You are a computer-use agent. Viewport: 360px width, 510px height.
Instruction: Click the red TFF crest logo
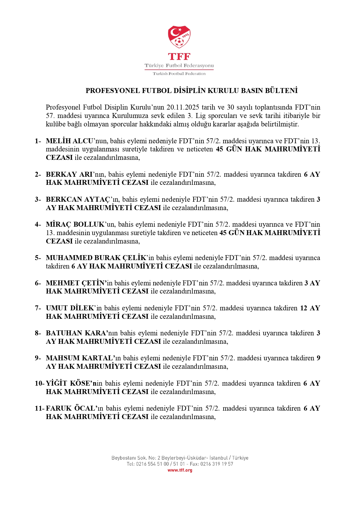point(179,37)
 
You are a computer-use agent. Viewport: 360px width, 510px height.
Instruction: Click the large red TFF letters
point(179,56)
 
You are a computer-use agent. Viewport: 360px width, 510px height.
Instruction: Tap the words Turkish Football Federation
point(179,74)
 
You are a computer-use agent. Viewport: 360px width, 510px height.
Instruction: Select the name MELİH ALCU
point(69,141)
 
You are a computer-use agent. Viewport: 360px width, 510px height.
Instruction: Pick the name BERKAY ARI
point(69,174)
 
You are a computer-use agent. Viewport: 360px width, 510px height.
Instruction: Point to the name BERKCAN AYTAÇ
point(78,199)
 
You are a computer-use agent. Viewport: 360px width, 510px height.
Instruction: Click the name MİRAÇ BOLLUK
point(75,224)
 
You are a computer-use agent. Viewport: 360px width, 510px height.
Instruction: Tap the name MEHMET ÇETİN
point(75,283)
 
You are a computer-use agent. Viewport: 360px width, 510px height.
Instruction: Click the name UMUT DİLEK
point(70,308)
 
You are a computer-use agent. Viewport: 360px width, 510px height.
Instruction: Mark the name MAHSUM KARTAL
point(79,358)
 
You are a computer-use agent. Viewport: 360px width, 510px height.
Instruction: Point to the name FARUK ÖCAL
point(70,408)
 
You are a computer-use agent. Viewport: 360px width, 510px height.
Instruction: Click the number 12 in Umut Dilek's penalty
point(304,308)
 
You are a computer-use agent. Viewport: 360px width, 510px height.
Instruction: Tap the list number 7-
point(38,308)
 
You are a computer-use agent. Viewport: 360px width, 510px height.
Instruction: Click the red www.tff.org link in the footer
point(180,470)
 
